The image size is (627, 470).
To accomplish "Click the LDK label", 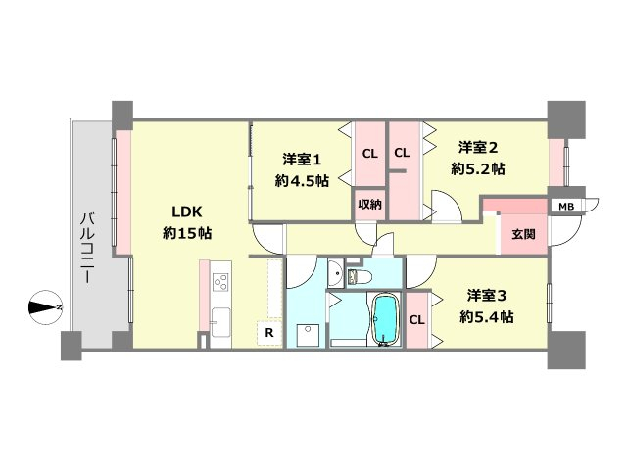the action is click(x=187, y=211).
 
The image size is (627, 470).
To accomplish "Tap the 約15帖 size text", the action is click(x=187, y=233).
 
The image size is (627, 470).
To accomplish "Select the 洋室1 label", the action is click(x=302, y=160).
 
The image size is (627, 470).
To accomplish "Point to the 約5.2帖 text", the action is click(x=478, y=169).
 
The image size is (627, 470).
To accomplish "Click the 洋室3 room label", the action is click(x=487, y=296).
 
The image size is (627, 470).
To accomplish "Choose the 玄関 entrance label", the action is click(x=523, y=234).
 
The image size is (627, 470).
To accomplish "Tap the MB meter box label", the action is click(x=566, y=207).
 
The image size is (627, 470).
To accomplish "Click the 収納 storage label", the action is click(x=369, y=205).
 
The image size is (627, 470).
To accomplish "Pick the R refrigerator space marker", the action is click(x=269, y=333).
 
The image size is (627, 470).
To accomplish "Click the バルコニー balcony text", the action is click(x=87, y=249).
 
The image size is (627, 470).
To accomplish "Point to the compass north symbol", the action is click(x=45, y=307).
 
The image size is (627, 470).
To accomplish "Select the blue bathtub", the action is click(x=386, y=319).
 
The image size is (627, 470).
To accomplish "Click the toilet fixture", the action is click(x=360, y=276).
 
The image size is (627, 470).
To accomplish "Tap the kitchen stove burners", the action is click(x=220, y=281).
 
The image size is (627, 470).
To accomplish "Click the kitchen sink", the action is click(x=220, y=322).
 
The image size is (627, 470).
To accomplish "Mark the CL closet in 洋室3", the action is click(x=416, y=320).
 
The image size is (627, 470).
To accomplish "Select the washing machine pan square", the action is click(x=308, y=335).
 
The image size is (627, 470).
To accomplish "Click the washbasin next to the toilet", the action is click(x=336, y=273).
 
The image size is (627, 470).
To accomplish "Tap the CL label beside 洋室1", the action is click(x=370, y=154).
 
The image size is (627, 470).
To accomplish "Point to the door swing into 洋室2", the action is click(x=447, y=207).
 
